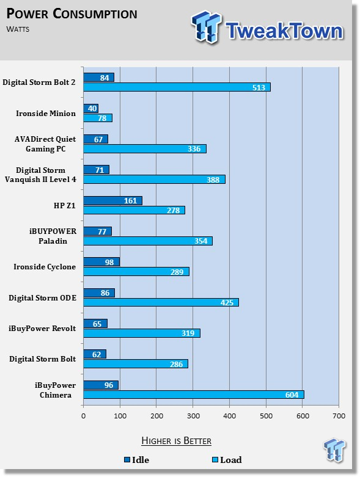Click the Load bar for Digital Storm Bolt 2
click(x=177, y=87)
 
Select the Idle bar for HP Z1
click(x=112, y=200)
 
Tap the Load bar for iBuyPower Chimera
click(x=194, y=395)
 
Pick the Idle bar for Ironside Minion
click(x=90, y=108)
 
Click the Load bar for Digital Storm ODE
click(x=161, y=302)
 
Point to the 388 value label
click(x=213, y=180)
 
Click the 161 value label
click(x=130, y=201)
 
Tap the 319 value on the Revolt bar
click(x=188, y=333)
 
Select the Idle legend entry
click(x=137, y=460)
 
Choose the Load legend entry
click(x=227, y=460)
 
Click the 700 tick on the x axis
click(x=339, y=416)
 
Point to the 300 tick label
click(x=193, y=416)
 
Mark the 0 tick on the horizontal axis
click(x=83, y=416)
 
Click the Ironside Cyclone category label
click(x=45, y=267)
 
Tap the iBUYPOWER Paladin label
click(x=53, y=236)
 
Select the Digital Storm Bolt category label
click(x=42, y=359)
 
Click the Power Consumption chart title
click(x=72, y=13)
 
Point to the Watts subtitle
click(x=18, y=29)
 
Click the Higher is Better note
click(x=177, y=441)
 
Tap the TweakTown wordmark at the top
click(x=285, y=31)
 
